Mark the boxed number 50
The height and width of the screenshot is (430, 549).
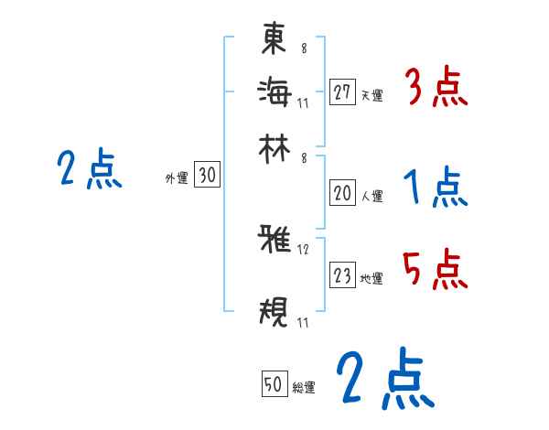point(274,384)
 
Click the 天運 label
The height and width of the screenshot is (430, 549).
point(371,95)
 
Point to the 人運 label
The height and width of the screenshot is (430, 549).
point(371,196)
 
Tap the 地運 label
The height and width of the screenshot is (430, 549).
point(371,278)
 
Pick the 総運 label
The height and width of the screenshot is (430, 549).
point(303,387)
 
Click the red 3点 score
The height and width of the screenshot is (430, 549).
point(436,90)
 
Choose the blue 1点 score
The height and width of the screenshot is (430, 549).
point(436,189)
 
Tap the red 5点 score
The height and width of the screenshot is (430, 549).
point(436,271)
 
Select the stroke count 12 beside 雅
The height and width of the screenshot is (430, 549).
point(304,250)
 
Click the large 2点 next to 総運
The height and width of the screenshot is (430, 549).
point(384,380)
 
